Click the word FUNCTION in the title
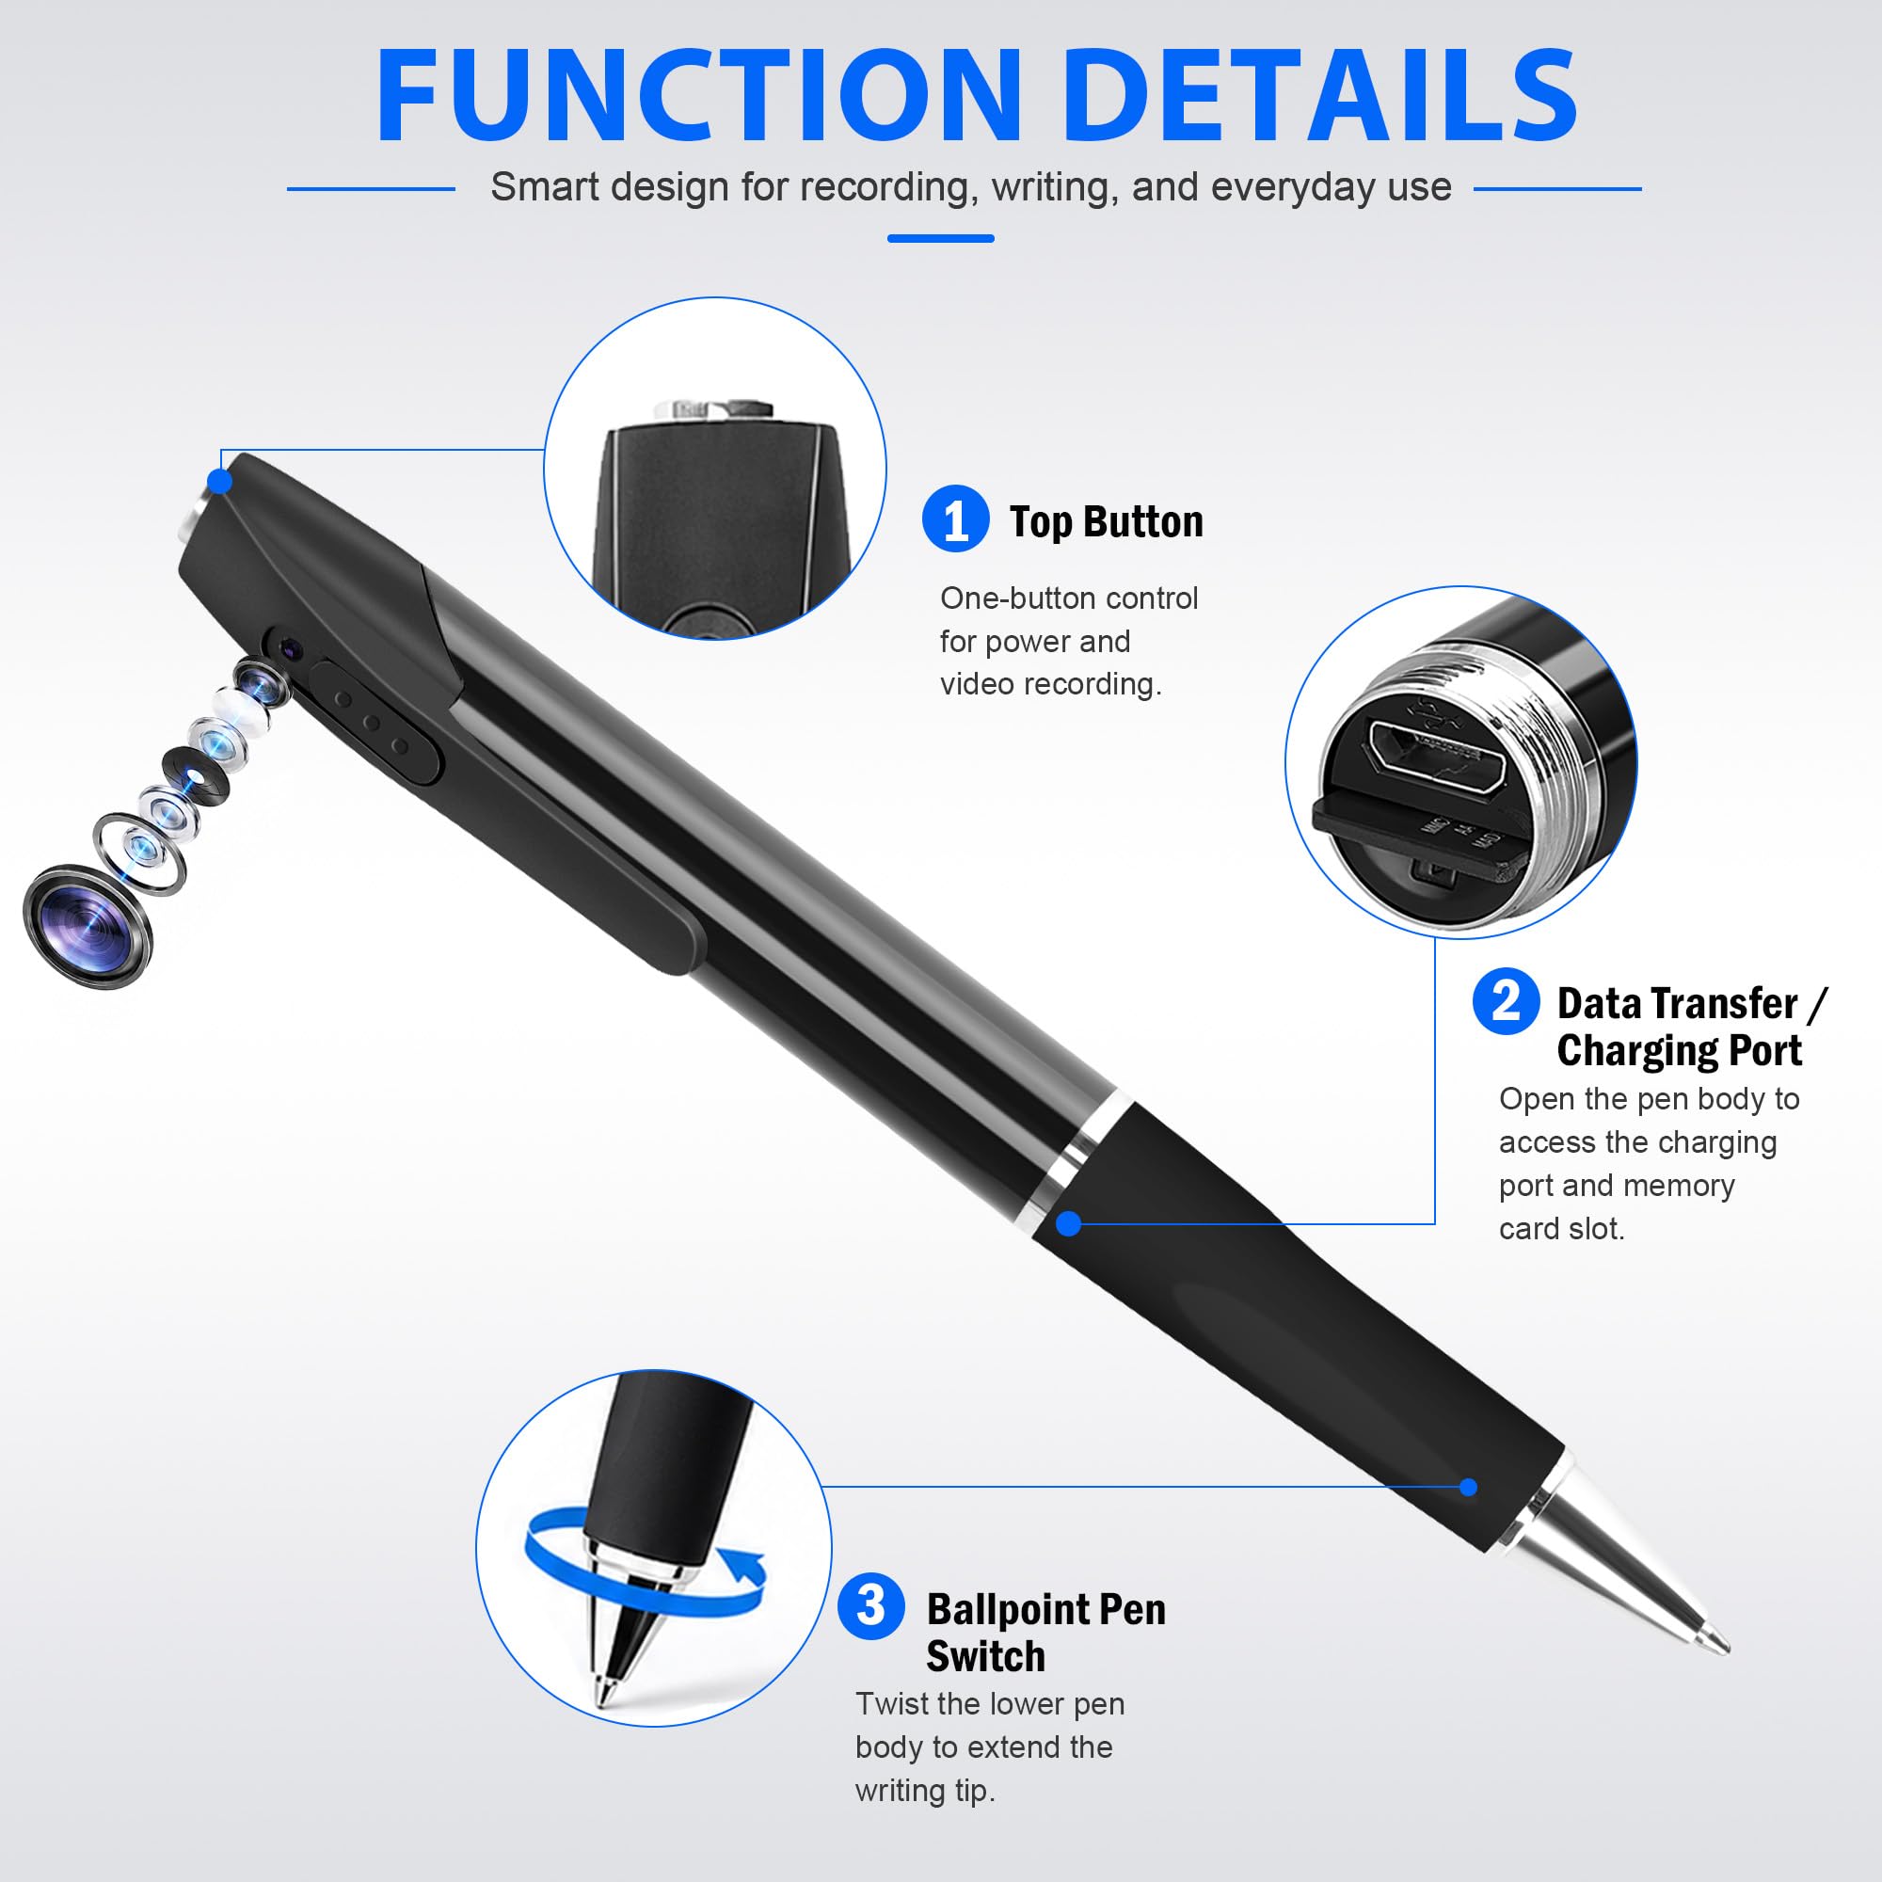click(x=699, y=95)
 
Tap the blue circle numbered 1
click(x=956, y=519)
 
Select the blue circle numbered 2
click(x=1506, y=1001)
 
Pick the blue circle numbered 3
click(x=870, y=1605)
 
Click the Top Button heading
click(x=1107, y=522)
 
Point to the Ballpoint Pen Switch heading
click(x=1046, y=1633)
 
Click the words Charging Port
click(x=1680, y=1050)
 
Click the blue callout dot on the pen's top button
click(x=221, y=481)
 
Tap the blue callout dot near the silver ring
click(x=1069, y=1223)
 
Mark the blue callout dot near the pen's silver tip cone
click(x=1469, y=1487)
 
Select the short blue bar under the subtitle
click(x=940, y=238)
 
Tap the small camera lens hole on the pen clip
click(x=289, y=647)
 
